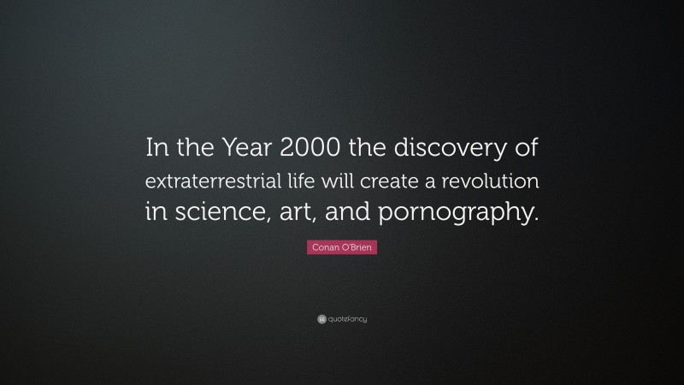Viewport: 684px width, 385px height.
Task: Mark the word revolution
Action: coord(496,181)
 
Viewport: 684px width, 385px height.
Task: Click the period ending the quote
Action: coord(538,218)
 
